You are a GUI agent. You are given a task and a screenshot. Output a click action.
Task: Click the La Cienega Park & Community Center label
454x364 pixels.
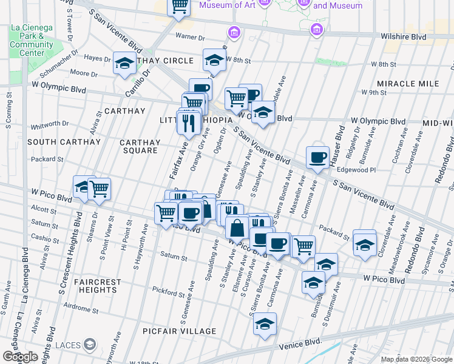click(x=32, y=40)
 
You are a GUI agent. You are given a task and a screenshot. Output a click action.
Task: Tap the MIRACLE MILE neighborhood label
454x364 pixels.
click(x=407, y=83)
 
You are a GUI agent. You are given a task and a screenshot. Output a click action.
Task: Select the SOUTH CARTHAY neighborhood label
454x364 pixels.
click(x=64, y=142)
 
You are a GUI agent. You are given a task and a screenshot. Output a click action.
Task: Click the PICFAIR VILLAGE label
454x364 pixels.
click(x=179, y=331)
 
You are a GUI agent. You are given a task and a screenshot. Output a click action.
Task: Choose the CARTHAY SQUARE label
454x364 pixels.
click(x=140, y=147)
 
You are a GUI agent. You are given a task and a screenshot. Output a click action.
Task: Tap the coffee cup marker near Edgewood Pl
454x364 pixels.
click(x=317, y=158)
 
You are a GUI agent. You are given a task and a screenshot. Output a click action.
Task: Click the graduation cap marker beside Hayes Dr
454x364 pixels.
click(x=124, y=63)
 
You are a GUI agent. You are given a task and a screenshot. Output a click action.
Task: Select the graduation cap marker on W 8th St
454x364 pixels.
click(x=214, y=60)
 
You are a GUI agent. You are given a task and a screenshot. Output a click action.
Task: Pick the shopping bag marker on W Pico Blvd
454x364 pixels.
click(x=237, y=227)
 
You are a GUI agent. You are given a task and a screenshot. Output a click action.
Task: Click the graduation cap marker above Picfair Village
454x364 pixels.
click(x=265, y=324)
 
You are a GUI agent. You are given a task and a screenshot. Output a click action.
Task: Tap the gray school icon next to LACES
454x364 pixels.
click(x=90, y=345)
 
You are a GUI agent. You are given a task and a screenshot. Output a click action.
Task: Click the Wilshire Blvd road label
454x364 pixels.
click(x=403, y=36)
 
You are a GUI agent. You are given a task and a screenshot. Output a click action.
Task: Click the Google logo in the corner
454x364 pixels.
click(x=20, y=357)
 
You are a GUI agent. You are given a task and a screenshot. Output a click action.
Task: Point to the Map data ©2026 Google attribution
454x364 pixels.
click(x=416, y=359)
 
